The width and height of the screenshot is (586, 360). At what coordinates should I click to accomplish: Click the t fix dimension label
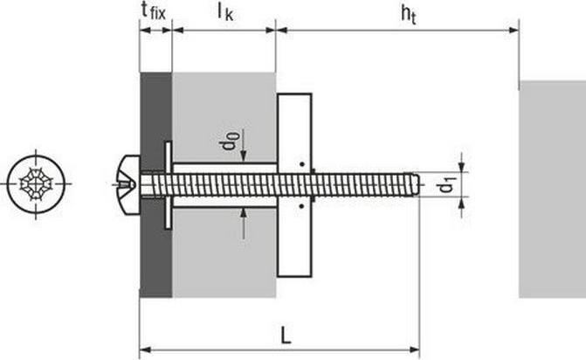[x=153, y=11]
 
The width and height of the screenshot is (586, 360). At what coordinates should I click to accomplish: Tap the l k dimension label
[x=225, y=12]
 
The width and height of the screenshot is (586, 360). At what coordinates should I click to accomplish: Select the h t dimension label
[x=409, y=15]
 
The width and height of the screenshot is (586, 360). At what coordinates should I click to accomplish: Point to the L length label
[x=286, y=335]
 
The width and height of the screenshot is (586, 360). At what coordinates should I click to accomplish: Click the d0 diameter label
[x=229, y=141]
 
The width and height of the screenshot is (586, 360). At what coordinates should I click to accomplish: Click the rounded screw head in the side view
[x=129, y=184]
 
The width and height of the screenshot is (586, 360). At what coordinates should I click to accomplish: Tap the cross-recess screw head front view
[x=36, y=184]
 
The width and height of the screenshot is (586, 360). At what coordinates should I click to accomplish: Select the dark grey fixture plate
[x=155, y=185]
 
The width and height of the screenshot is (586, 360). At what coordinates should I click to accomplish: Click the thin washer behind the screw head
[x=169, y=185]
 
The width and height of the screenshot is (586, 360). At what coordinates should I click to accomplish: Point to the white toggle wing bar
[x=294, y=185]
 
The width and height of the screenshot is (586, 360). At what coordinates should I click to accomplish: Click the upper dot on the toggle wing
[x=301, y=164]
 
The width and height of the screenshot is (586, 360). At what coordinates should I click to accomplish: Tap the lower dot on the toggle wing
[x=301, y=206]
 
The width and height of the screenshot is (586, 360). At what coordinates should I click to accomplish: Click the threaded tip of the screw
[x=415, y=184]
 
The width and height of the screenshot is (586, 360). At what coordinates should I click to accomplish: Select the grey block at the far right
[x=552, y=189]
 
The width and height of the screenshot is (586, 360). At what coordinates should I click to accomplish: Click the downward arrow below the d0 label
[x=244, y=145]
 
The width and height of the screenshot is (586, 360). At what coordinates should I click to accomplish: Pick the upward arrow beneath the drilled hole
[x=244, y=224]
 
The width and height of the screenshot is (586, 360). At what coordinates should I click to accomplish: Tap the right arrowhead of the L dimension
[x=414, y=350]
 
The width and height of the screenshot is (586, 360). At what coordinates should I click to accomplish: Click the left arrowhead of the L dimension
[x=145, y=350]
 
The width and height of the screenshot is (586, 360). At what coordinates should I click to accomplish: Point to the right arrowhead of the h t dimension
[x=514, y=31]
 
